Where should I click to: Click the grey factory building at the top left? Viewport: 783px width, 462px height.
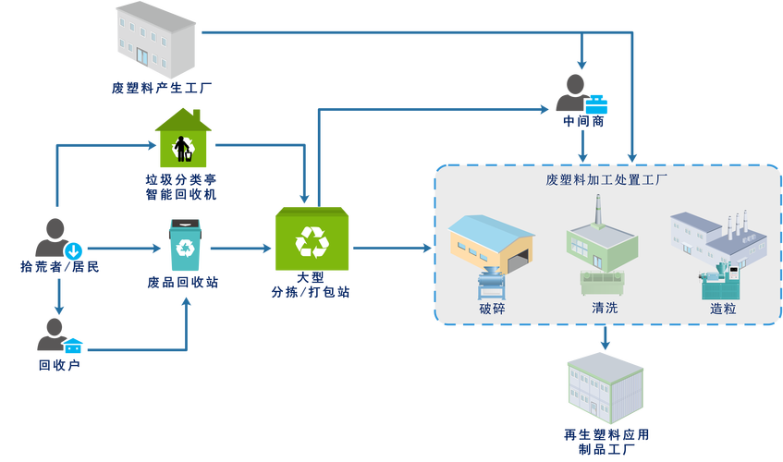point(155,41)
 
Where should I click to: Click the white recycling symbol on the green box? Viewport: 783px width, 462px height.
point(312,242)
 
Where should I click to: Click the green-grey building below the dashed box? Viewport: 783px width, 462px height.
point(604,388)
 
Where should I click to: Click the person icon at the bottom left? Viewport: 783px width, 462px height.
point(52,334)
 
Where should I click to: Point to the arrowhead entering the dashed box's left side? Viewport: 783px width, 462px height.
point(426,248)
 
